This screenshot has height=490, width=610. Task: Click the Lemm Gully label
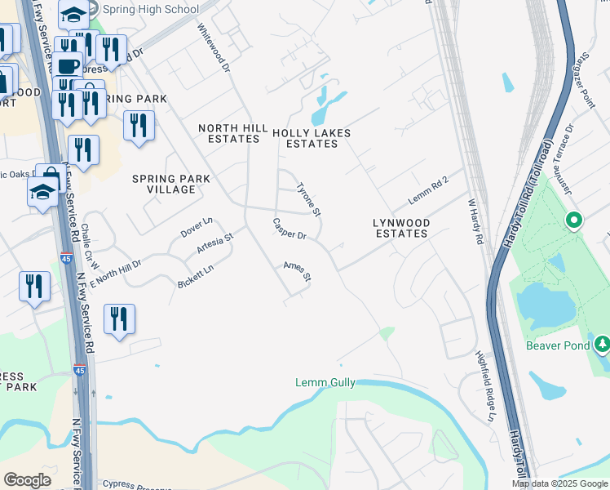(325, 383)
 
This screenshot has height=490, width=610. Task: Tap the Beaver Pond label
(559, 345)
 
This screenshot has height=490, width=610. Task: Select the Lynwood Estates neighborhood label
(400, 228)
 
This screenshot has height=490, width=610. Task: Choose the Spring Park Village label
(171, 184)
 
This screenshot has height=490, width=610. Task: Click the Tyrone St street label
(309, 199)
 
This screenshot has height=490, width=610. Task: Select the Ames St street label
(298, 271)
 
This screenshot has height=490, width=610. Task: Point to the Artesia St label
(215, 243)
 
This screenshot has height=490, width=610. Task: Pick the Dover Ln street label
(197, 227)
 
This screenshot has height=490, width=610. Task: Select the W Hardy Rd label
(475, 220)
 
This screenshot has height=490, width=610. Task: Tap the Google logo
(27, 480)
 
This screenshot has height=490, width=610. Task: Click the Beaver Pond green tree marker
(603, 344)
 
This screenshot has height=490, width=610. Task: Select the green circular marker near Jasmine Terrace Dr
(574, 220)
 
